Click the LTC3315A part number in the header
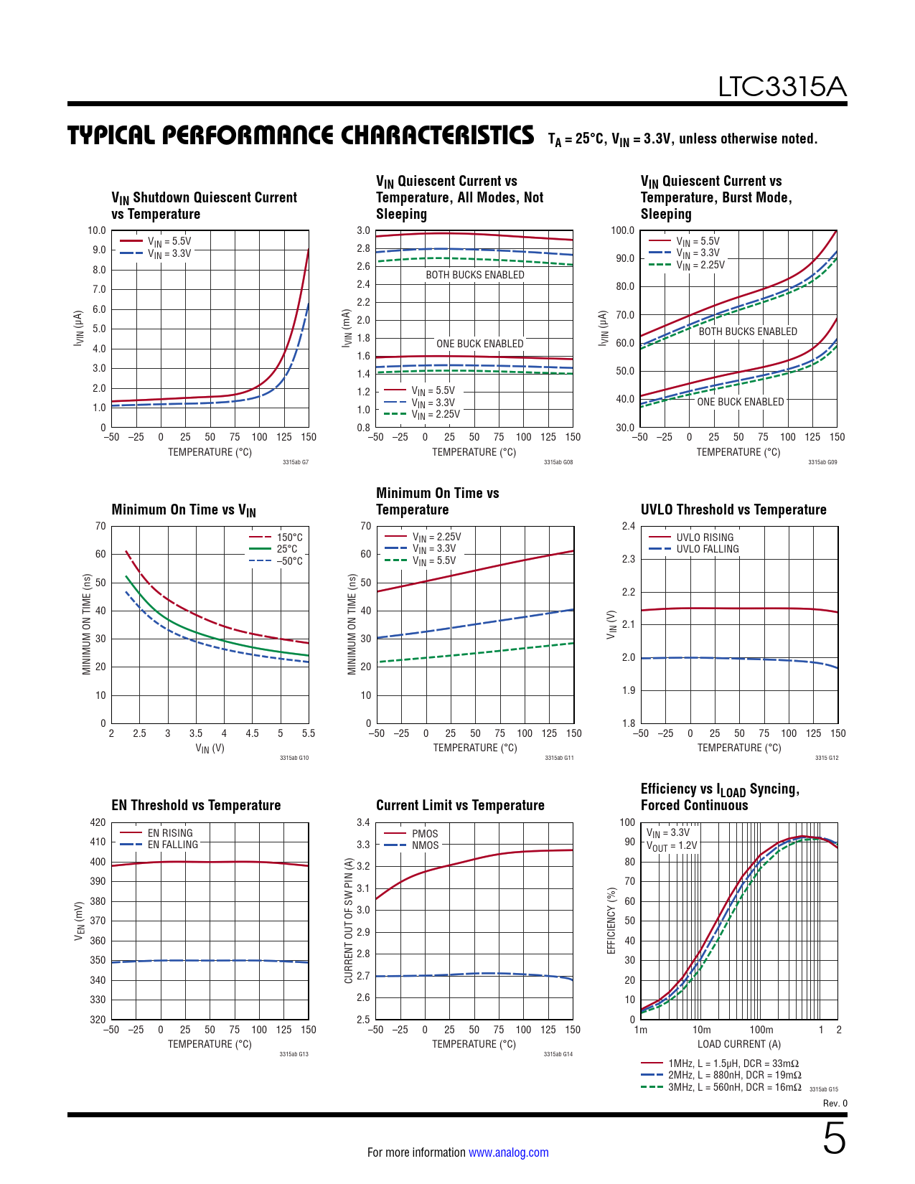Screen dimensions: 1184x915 pos(782,87)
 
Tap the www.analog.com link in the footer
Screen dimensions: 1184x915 pos(508,1152)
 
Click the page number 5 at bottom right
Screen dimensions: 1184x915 pos(834,1139)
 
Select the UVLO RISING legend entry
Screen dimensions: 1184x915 pos(705,537)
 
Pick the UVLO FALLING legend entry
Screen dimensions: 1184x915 pos(707,549)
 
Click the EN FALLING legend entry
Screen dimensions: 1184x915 pos(172,845)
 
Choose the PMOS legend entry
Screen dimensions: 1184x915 pos(425,834)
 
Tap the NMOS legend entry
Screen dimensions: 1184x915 pos(425,845)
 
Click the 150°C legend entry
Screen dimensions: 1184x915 pos(289,537)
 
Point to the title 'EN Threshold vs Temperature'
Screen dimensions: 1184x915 pos(196,805)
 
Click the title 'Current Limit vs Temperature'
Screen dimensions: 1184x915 pos(460,805)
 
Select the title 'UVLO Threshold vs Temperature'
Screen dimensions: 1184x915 pos(733,509)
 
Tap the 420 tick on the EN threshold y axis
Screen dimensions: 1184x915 pos(98,822)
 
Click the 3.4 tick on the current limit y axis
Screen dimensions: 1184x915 pos(363,822)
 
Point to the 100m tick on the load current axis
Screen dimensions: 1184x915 pos(761,1030)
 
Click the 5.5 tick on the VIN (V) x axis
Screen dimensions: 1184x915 pos(309,733)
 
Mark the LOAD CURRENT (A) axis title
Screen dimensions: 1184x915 pos(739,1044)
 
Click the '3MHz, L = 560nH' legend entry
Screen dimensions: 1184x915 pos(734,1087)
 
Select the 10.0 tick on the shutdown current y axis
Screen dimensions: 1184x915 pos(97,230)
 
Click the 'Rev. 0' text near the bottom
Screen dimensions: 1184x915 pos(835,1104)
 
